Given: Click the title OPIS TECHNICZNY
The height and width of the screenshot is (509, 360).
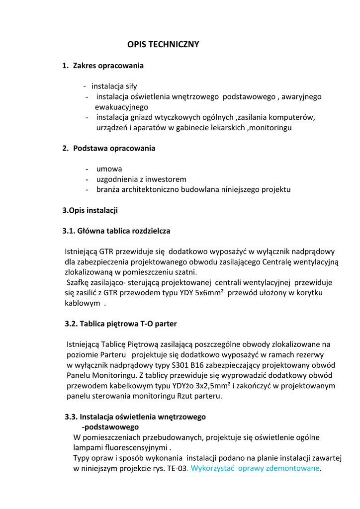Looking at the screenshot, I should pos(163,45).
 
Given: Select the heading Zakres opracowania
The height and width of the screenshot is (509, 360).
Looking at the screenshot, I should pos(108,66).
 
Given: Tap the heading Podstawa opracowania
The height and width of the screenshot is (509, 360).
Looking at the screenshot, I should pos(114,148).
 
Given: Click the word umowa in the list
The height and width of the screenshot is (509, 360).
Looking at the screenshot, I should pos(109,169).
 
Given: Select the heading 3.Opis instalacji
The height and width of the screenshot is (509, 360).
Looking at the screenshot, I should pos(90,210).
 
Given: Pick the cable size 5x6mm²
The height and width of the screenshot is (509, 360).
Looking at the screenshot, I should pos(206,293).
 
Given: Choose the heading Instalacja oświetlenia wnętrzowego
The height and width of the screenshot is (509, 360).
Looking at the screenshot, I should pos(143,417).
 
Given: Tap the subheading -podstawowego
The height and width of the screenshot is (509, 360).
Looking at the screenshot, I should pos(110,427).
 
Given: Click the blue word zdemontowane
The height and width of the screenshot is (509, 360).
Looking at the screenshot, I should pos(293,469).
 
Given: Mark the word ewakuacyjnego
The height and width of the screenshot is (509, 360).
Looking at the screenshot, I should pos(121,107).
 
